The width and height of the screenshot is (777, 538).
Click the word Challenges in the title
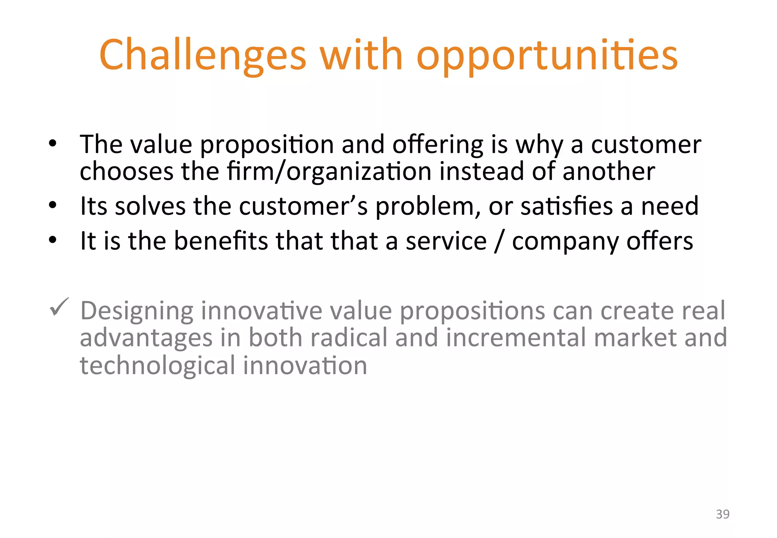pyautogui.click(x=203, y=55)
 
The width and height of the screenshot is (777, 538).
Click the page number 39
pyautogui.click(x=722, y=514)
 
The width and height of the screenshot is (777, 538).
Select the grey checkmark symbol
pyautogui.click(x=59, y=307)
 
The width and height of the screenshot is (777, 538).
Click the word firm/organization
pyautogui.click(x=329, y=171)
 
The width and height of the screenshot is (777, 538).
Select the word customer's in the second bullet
pyautogui.click(x=303, y=206)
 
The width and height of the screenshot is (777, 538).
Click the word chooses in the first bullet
pyautogui.click(x=126, y=171)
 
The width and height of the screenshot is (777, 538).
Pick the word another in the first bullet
pyautogui.click(x=609, y=171)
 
